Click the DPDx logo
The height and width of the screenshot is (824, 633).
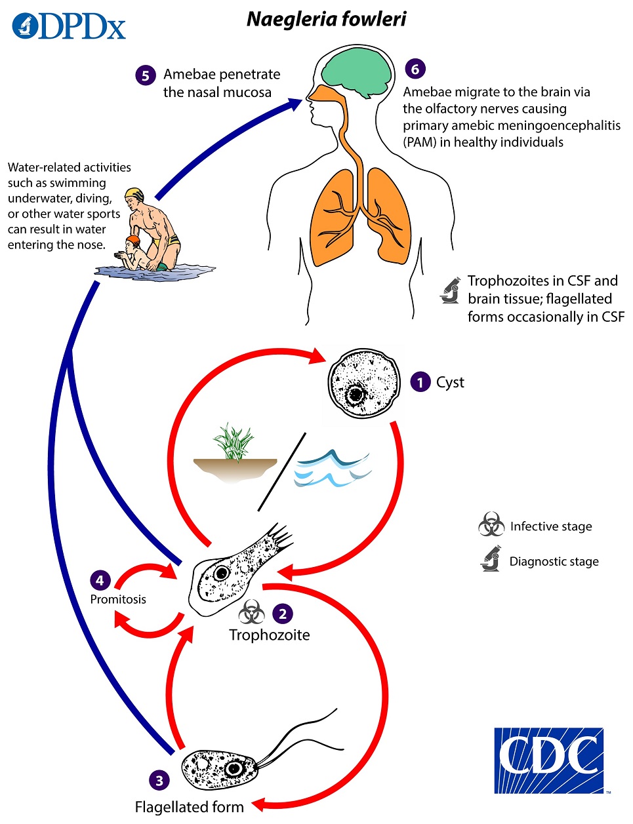click(68, 26)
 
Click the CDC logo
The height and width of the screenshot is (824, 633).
click(548, 760)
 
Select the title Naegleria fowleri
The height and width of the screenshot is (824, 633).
click(326, 19)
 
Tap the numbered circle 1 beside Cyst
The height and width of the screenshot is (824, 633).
click(420, 382)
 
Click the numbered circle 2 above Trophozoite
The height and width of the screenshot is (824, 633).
click(283, 614)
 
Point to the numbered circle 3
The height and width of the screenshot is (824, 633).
click(159, 780)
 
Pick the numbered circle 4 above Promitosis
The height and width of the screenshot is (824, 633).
click(100, 580)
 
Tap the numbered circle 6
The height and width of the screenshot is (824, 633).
click(415, 69)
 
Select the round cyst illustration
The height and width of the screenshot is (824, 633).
click(363, 383)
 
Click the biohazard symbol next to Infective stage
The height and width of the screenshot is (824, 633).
click(491, 526)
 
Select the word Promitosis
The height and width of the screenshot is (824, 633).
click(118, 599)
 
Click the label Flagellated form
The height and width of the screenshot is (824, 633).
click(189, 807)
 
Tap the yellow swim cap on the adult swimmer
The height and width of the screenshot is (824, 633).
click(134, 195)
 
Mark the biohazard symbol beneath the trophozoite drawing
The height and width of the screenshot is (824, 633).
click(252, 612)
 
